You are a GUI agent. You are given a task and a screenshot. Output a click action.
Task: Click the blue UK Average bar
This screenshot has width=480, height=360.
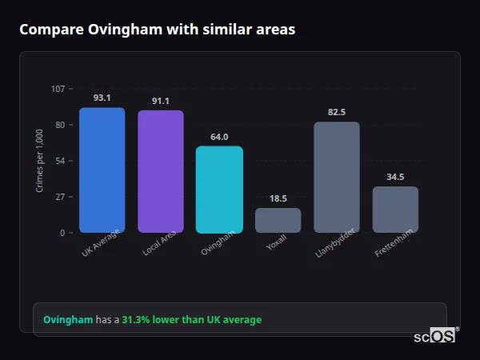point(102,170)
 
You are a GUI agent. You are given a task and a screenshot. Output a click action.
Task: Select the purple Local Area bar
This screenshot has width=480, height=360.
point(160,171)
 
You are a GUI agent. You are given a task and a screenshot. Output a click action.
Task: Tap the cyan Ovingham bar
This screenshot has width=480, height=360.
point(219,190)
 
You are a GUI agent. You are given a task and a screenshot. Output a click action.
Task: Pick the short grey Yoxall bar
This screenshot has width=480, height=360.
point(278,220)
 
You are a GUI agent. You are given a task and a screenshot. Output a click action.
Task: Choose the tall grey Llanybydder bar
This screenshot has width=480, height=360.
point(337,177)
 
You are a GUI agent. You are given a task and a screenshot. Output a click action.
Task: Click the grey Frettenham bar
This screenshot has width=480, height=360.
point(395,210)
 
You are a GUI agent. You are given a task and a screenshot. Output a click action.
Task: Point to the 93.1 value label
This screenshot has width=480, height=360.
point(102,98)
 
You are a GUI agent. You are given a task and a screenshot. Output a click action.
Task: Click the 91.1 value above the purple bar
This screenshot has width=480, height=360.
point(160,101)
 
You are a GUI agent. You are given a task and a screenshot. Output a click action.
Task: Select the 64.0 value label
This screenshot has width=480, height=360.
point(219,137)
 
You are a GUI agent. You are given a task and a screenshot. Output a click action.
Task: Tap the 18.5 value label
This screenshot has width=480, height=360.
point(278,198)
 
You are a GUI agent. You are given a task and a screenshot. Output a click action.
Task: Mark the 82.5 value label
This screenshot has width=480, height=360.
point(337,112)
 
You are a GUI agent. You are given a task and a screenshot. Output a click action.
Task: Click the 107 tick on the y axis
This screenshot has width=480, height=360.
point(58,89)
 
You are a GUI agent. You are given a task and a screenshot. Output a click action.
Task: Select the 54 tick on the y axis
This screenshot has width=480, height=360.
point(60,161)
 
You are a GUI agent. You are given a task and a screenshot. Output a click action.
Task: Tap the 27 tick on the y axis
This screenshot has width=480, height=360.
point(60,197)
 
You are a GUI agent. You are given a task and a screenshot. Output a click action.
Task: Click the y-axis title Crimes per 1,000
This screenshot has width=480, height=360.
point(40,161)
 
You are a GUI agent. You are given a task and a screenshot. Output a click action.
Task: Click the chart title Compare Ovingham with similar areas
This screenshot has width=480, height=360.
point(157,30)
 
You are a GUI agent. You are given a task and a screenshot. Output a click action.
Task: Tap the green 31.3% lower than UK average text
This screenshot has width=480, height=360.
point(191,320)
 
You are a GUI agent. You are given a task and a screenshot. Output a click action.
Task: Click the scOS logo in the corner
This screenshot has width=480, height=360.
point(435,336)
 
